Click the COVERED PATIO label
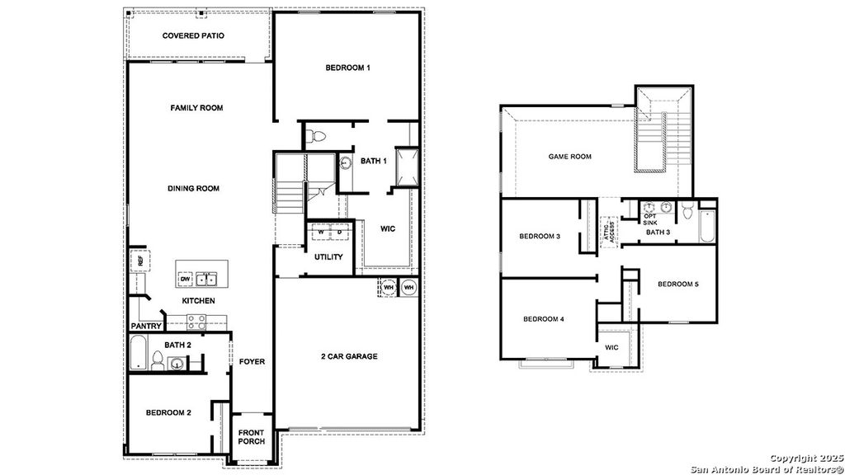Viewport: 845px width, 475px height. click(x=193, y=35)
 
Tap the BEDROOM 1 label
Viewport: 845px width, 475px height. click(x=347, y=68)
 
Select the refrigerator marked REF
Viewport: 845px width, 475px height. click(x=140, y=261)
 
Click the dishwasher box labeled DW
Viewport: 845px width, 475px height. click(x=185, y=279)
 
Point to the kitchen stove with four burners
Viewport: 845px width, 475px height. click(x=196, y=322)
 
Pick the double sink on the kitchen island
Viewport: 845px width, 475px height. click(x=205, y=279)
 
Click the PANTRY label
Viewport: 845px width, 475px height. click(x=145, y=327)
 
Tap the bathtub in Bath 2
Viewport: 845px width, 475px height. click(x=138, y=353)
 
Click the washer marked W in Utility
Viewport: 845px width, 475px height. click(x=322, y=233)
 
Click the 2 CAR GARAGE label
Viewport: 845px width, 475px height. click(x=349, y=356)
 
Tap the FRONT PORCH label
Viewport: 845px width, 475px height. click(x=251, y=437)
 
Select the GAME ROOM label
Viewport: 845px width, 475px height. click(x=570, y=156)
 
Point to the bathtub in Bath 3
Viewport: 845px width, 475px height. click(x=708, y=227)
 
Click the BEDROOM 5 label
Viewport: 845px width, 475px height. click(x=677, y=285)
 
